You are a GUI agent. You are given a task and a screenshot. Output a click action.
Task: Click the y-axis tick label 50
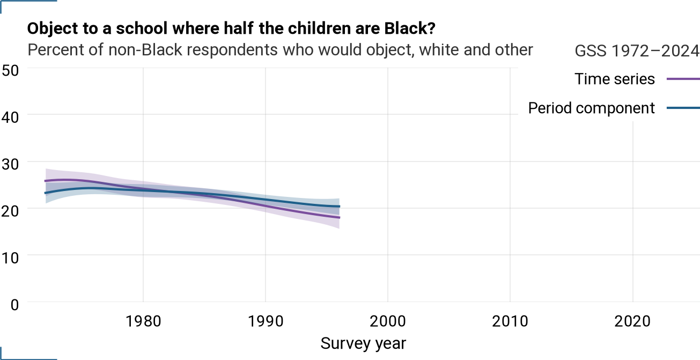coord(10,70)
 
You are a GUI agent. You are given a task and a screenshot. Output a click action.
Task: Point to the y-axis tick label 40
coord(10,117)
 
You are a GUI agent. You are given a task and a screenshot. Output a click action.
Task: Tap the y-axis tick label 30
coord(10,164)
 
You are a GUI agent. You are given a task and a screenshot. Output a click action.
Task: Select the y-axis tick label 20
coord(10,211)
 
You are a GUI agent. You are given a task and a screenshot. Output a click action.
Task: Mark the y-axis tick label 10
coord(10,258)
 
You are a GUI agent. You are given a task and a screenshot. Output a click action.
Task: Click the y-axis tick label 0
coord(14,305)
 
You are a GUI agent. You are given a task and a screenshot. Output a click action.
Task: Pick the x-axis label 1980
coord(143,321)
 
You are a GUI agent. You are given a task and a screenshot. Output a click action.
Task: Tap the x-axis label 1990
coord(266,321)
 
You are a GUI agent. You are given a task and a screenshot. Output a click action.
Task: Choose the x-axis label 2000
coord(388,321)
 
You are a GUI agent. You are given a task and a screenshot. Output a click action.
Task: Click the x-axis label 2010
coord(510,321)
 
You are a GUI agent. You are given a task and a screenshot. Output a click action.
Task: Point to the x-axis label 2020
coord(632,321)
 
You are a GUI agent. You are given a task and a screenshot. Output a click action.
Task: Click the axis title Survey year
coord(363,344)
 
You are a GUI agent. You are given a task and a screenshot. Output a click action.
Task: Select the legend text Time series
coord(614,79)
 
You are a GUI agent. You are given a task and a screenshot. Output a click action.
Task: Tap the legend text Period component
coord(591,108)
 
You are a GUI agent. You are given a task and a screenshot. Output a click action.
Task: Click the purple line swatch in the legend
coord(683,79)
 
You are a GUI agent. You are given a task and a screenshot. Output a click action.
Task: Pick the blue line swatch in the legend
coord(683,108)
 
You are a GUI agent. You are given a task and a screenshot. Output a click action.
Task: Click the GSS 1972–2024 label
coord(637,50)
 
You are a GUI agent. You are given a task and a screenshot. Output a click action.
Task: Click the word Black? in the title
coord(410,28)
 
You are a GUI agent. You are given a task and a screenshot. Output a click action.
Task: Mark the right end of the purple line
coord(340,217)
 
